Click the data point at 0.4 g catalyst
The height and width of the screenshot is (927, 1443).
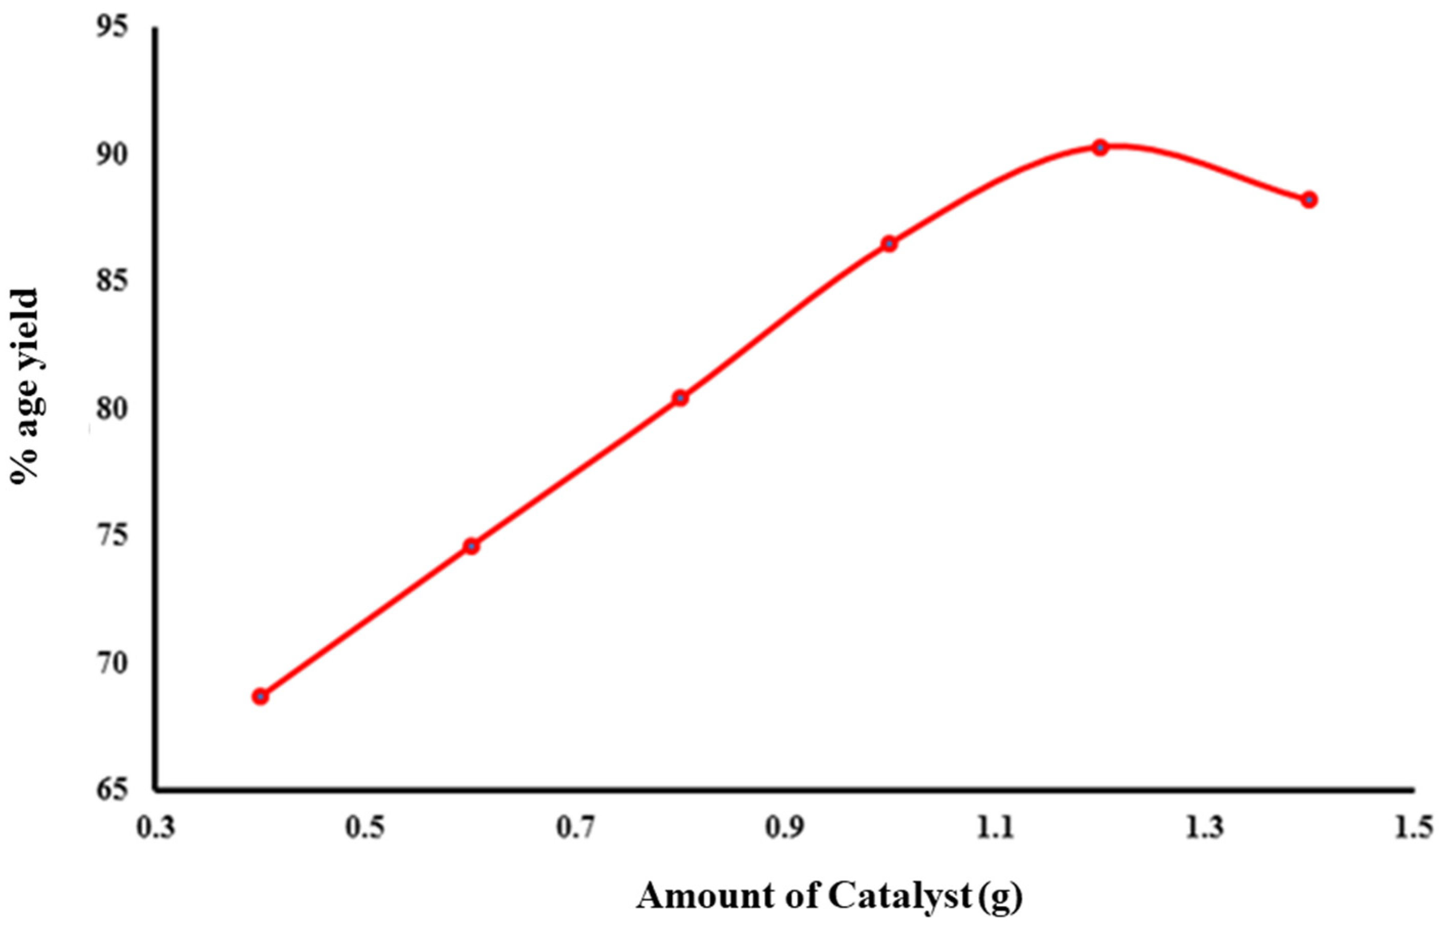tap(260, 697)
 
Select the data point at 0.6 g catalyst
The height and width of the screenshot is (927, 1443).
tap(471, 546)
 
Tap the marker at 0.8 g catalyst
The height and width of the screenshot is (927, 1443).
tap(680, 398)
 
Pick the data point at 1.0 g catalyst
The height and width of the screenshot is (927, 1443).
tap(889, 244)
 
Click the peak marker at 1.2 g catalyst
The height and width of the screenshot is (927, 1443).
tap(1101, 147)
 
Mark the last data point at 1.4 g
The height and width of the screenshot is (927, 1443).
tap(1309, 199)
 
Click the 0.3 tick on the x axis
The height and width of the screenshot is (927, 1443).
tap(156, 829)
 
